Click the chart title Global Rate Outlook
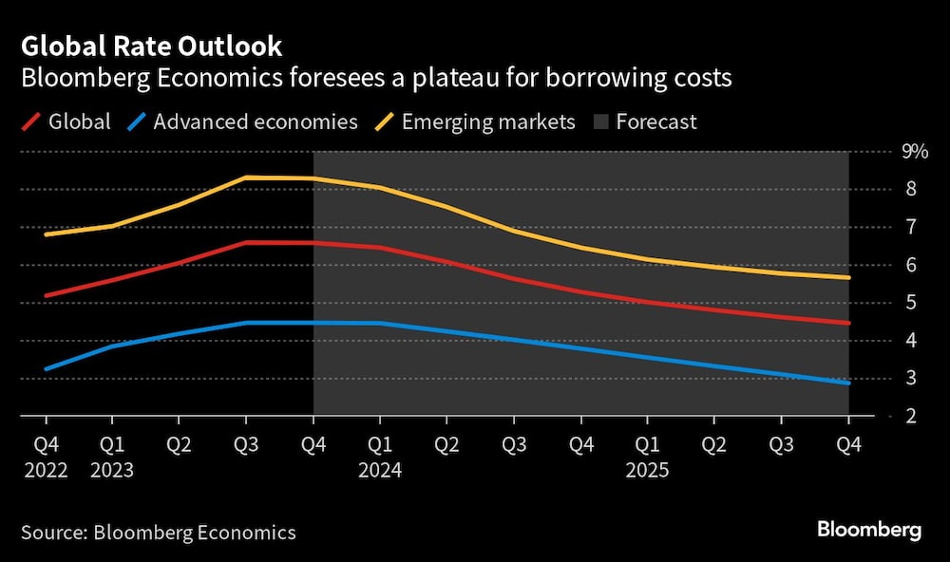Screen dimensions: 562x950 pos(152,47)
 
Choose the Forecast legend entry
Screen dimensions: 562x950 pos(655,122)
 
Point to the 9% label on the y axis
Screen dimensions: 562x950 pos(915,151)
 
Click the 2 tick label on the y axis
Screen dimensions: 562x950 pos(910,416)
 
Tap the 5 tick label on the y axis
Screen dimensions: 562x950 pos(910,303)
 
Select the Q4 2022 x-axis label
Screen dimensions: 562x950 pos(45,457)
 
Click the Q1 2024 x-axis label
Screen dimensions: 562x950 pos(380,457)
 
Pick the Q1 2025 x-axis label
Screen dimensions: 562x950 pos(647,457)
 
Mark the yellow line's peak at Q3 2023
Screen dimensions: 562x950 pos(246,178)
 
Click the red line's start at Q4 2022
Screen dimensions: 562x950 pos(46,295)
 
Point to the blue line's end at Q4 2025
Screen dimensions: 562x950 pos(847,383)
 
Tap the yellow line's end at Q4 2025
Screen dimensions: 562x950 pos(847,277)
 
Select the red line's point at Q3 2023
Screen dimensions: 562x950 pos(246,242)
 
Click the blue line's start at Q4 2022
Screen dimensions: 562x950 pos(46,368)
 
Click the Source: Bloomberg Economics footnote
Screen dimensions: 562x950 pos(157,533)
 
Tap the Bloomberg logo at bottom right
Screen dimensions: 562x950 pos(868,531)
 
